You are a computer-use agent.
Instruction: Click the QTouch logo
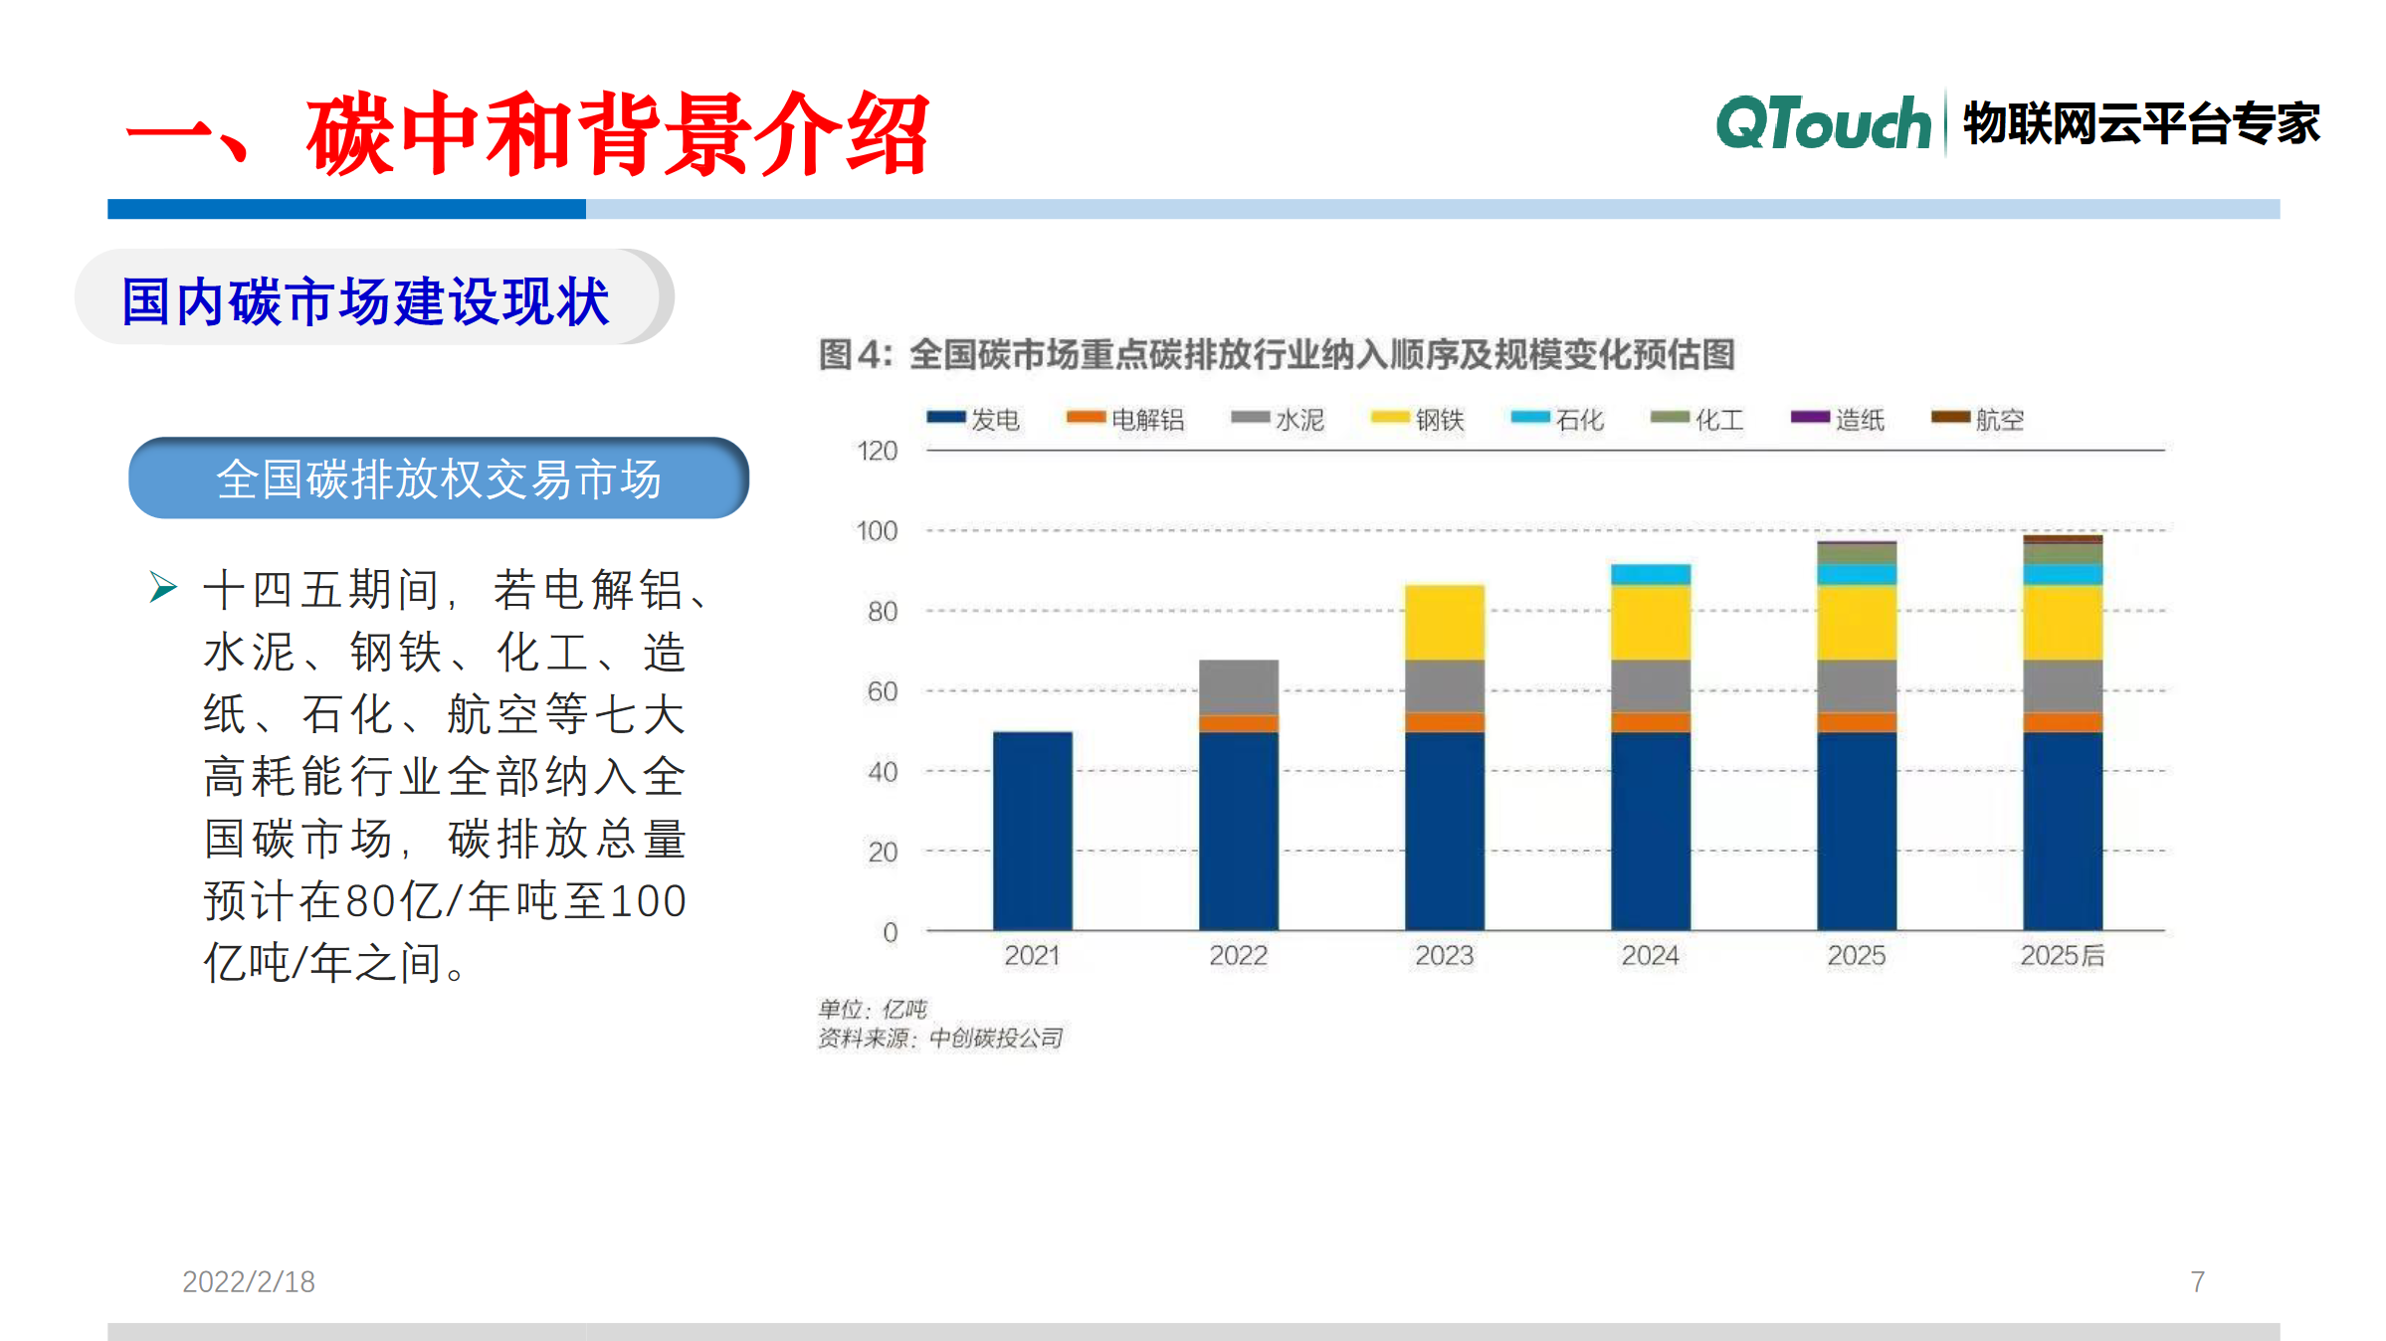click(1823, 124)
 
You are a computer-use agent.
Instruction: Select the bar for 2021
click(1032, 831)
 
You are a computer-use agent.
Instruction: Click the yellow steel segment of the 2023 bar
click(1444, 622)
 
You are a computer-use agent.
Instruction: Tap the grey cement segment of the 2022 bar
click(1238, 687)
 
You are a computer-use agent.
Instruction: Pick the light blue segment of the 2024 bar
click(1650, 574)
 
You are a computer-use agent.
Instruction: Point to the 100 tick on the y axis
click(877, 531)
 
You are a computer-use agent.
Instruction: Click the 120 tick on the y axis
click(877, 452)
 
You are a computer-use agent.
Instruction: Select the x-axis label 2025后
click(2062, 956)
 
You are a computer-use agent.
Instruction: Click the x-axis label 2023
click(1444, 956)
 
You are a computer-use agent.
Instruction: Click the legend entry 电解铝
click(1125, 420)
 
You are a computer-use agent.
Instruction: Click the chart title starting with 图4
click(1276, 355)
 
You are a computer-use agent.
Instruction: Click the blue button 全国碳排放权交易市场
click(438, 479)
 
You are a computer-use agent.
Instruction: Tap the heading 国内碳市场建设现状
click(365, 301)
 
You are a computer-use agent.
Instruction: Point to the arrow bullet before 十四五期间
click(163, 587)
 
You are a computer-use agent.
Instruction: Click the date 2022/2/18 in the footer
click(249, 1281)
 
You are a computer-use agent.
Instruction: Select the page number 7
click(2197, 1281)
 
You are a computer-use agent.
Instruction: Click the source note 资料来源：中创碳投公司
click(939, 1039)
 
